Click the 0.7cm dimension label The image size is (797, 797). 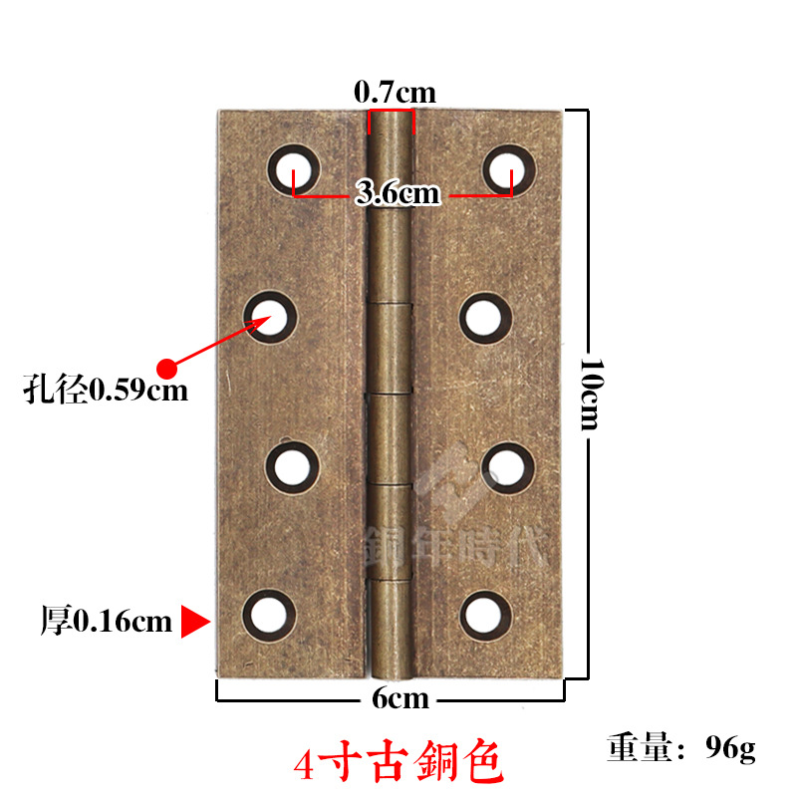coord(395,93)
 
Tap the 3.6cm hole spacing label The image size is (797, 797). coord(398,193)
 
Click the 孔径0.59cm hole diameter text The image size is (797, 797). coord(106,389)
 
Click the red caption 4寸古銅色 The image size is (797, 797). coord(398,762)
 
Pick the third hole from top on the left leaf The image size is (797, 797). coord(293,466)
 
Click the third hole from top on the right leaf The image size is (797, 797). coord(507,465)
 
